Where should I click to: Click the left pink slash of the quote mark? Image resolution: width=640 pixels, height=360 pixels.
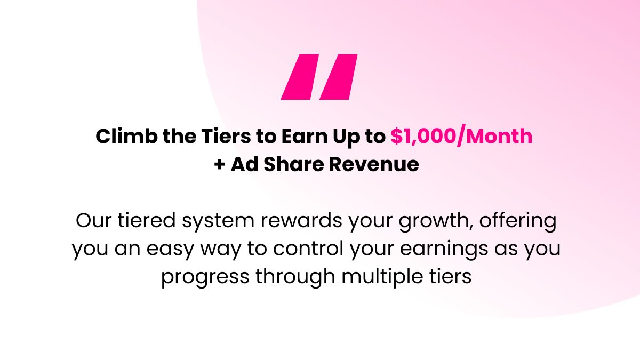coord(299,77)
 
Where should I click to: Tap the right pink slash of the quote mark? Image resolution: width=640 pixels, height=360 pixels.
coord(338,77)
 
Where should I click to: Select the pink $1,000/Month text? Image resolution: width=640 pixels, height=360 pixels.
coord(461,137)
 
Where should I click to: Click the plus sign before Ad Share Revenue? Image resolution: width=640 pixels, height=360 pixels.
coord(219,164)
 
